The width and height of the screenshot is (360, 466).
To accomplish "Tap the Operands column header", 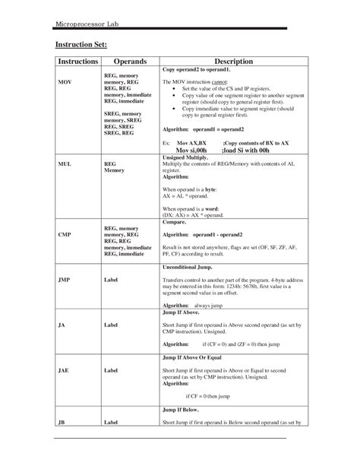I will pos(130,61).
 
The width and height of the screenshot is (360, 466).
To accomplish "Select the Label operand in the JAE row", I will pos(112,370).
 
